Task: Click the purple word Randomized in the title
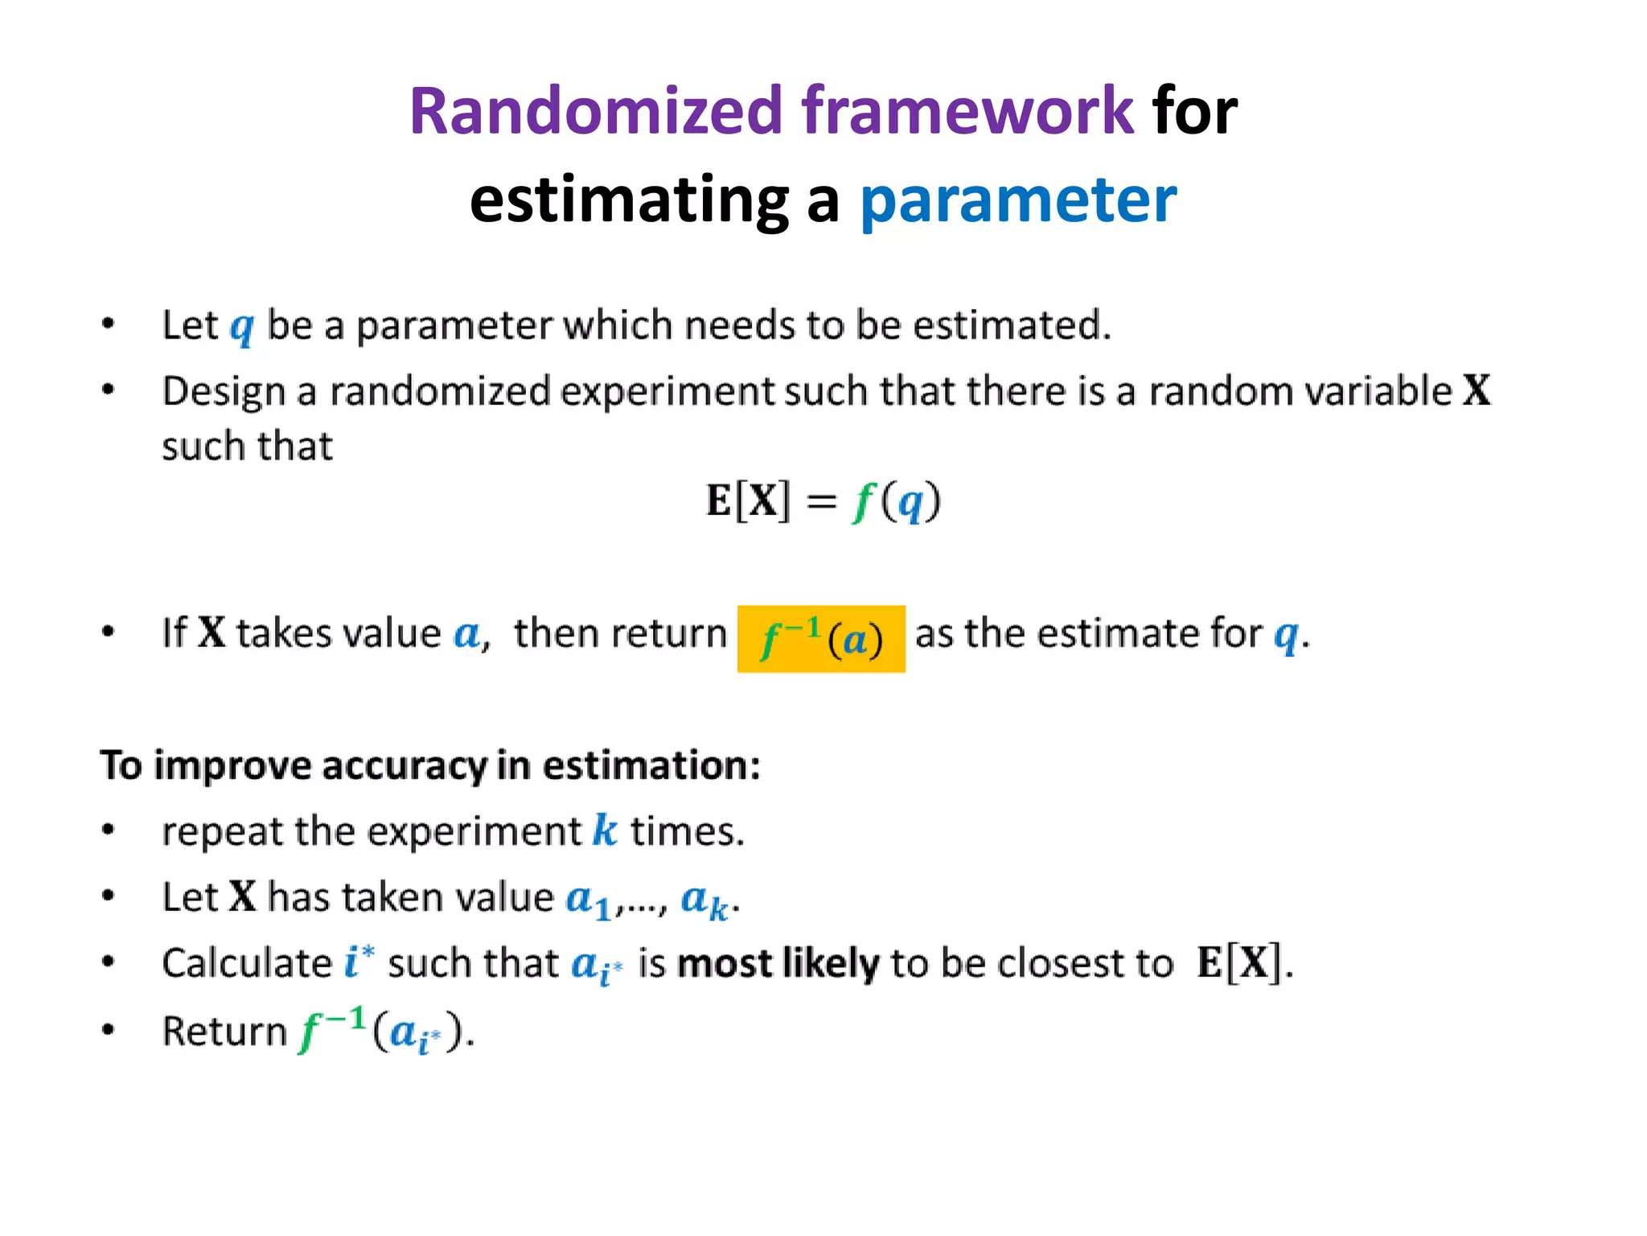coord(596,111)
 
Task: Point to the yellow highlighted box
coord(821,639)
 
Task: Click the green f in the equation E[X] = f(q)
coord(863,502)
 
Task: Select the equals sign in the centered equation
coord(821,502)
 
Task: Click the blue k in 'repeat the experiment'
coord(605,830)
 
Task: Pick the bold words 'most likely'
coord(778,963)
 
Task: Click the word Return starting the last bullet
coord(224,1031)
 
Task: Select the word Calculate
coord(246,963)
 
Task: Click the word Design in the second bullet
coord(224,393)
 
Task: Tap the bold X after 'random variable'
coord(1477,391)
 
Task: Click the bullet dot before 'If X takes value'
coord(109,632)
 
